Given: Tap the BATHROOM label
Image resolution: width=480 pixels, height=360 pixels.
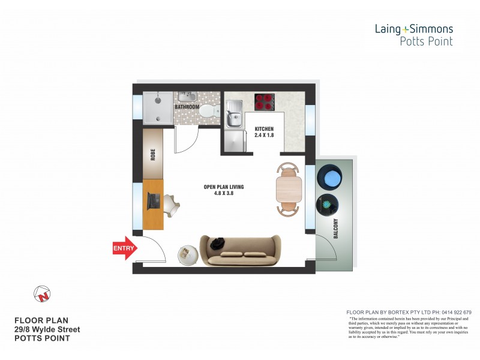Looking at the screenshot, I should coord(187,107).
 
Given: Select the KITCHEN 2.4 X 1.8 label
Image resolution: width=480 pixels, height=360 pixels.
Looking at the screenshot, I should coord(264,133).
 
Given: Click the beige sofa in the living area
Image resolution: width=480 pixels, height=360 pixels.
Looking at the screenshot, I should coord(241,250).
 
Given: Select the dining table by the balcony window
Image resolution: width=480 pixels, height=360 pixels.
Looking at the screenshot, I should coord(289,189).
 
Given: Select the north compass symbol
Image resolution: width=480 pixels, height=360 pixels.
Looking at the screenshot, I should coord(43,294).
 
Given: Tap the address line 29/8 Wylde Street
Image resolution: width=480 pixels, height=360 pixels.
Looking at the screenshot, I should coord(47,329).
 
